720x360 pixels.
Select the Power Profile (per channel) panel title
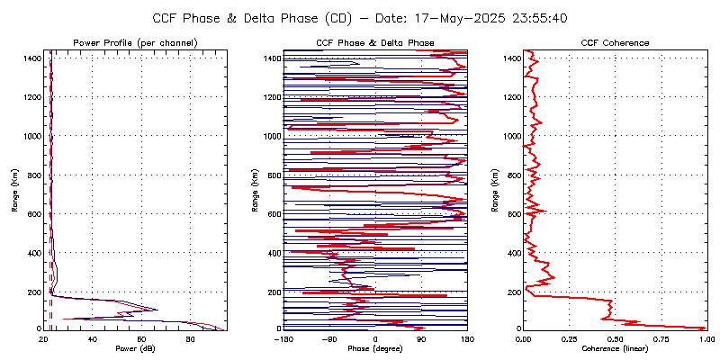pos(136,43)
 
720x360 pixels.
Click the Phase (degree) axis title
pos(375,348)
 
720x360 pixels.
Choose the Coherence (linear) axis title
pos(616,348)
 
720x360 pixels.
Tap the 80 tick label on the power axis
pos(190,339)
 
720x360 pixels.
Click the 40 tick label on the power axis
pos(93,339)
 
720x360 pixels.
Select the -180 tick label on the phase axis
pos(283,339)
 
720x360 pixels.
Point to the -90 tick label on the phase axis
pos(329,339)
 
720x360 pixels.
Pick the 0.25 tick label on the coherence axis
pos(569,339)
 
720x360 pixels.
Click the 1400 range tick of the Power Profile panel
pos(31,58)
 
